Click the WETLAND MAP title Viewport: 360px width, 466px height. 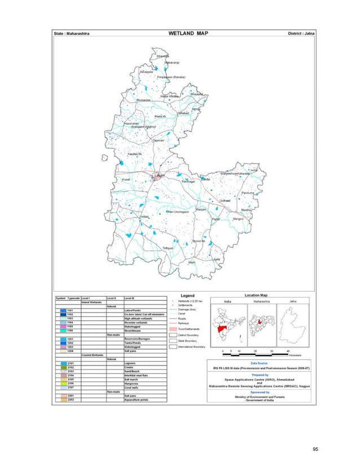(188, 34)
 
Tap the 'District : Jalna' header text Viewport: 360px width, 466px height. (301, 34)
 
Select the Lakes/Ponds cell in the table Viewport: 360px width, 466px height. (134, 310)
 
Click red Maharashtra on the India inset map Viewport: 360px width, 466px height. (220, 329)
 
